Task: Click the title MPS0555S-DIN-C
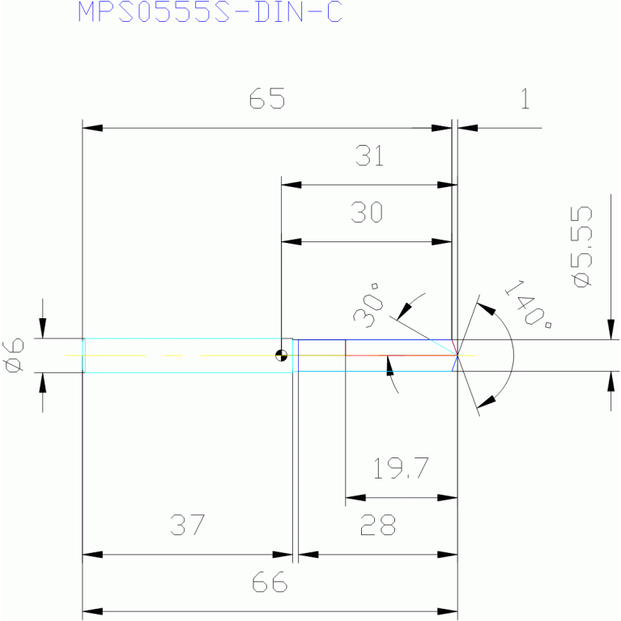pos(210,11)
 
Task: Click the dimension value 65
pos(267,98)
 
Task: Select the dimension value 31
pos(369,155)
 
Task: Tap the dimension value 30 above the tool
pos(367,212)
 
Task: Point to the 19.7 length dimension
pos(401,468)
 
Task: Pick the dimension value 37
pos(187,525)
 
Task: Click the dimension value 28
pos(378,525)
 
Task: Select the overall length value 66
pos(270,582)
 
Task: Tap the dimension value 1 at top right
pos(525,98)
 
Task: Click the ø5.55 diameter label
pos(581,246)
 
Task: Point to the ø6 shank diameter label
pos(13,355)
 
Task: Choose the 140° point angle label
pos(529,304)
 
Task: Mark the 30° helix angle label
pos(368,305)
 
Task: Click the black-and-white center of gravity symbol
pos(281,355)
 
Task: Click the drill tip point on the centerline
pos(457,355)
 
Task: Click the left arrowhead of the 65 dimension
pos(92,128)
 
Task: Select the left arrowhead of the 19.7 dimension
pos(355,497)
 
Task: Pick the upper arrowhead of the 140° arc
pos(486,309)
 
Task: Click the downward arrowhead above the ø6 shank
pos(43,328)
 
